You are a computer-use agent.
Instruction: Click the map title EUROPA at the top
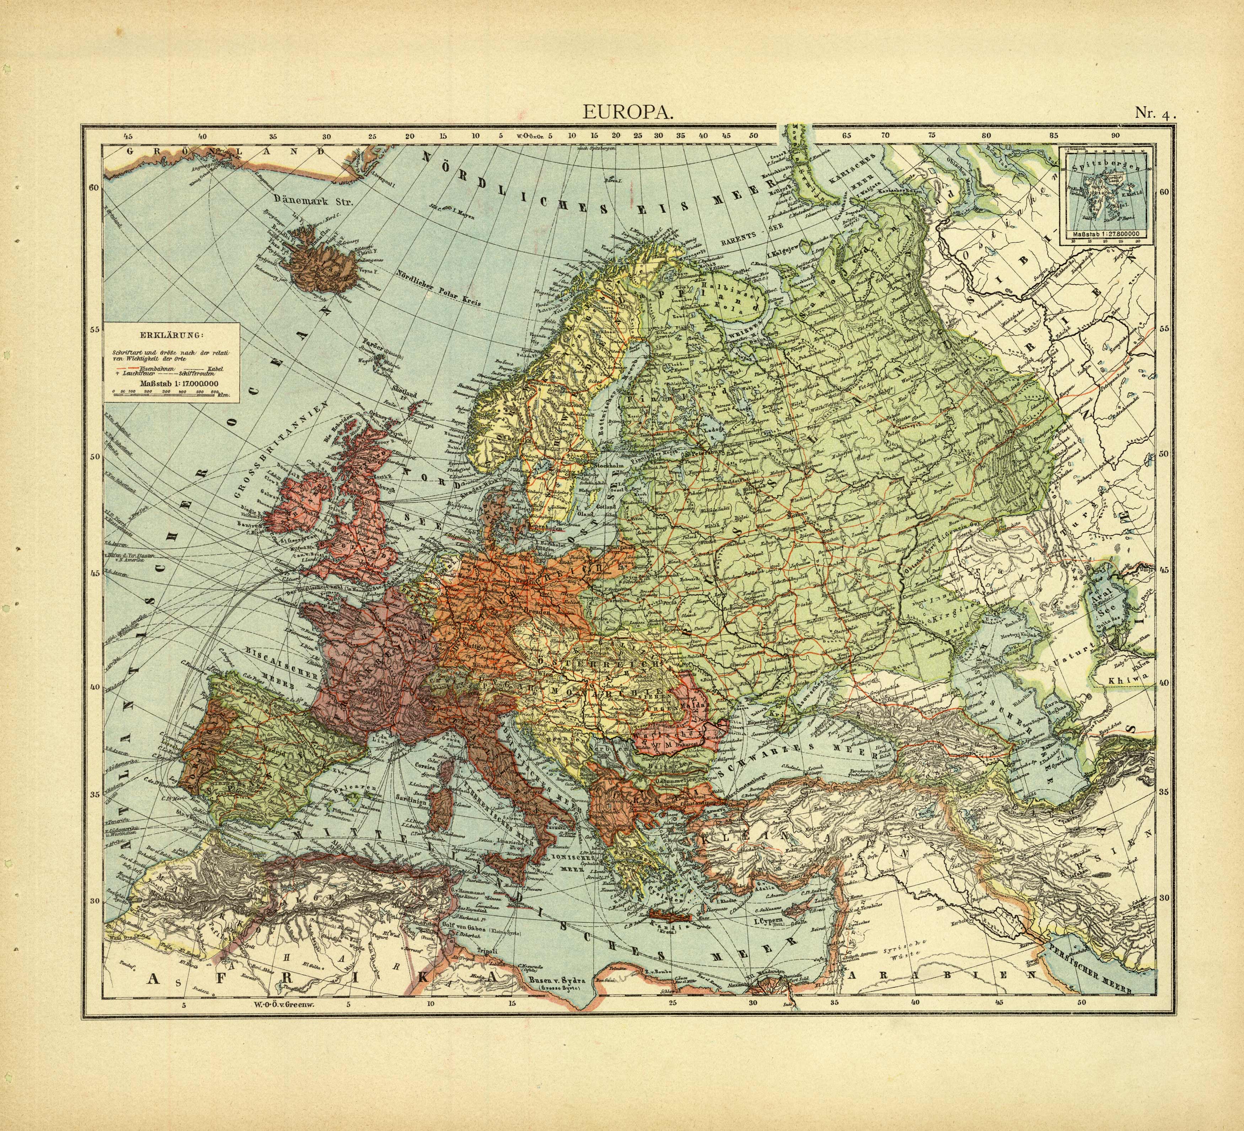[x=628, y=113]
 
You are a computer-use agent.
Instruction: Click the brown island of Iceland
[x=324, y=259]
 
